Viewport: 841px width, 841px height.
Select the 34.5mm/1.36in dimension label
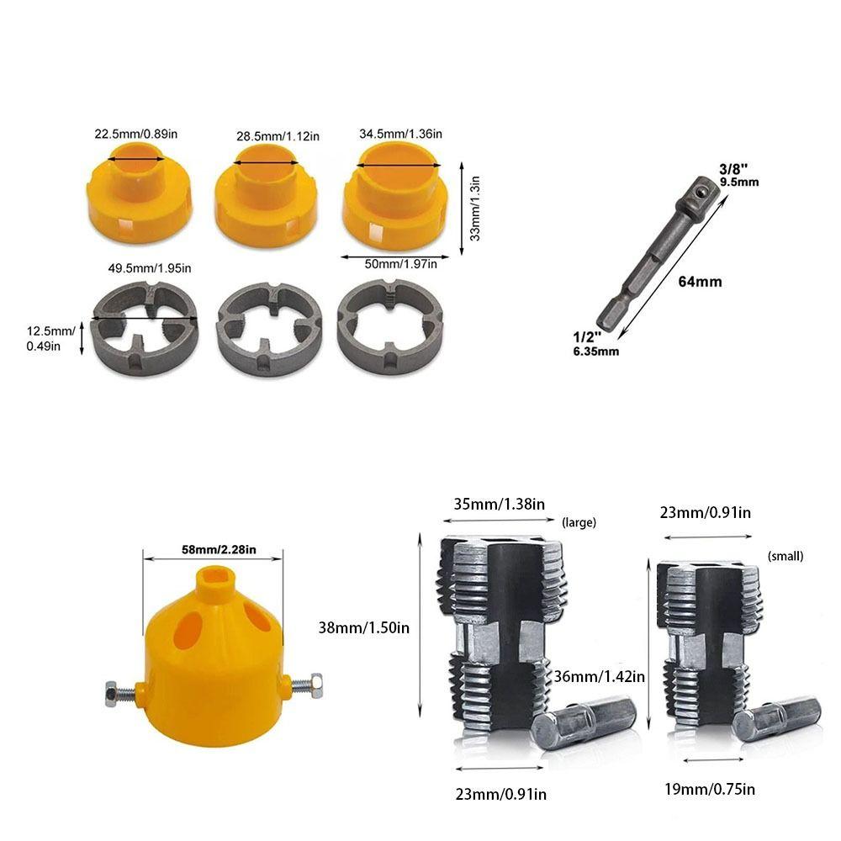tap(399, 133)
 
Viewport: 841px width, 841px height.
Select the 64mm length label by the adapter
tap(699, 282)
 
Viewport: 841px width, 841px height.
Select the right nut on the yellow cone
tap(315, 683)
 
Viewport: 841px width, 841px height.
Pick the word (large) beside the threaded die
tap(578, 522)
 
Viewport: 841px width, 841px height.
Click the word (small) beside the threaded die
tap(785, 556)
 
